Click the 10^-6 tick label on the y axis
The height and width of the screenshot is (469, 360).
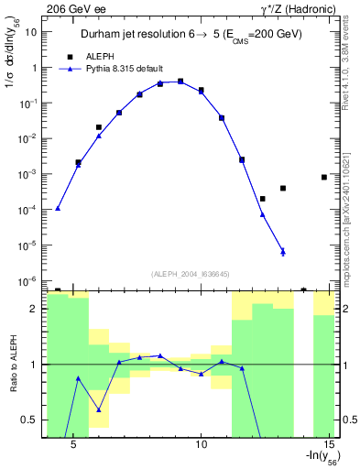[27, 280]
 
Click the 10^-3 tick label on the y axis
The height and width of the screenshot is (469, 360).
[27, 174]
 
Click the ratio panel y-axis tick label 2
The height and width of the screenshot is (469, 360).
[35, 310]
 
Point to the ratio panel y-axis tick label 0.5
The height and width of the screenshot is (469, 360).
[31, 420]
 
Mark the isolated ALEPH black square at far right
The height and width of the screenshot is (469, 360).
[324, 177]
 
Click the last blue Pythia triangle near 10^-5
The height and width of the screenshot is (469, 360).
[283, 252]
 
